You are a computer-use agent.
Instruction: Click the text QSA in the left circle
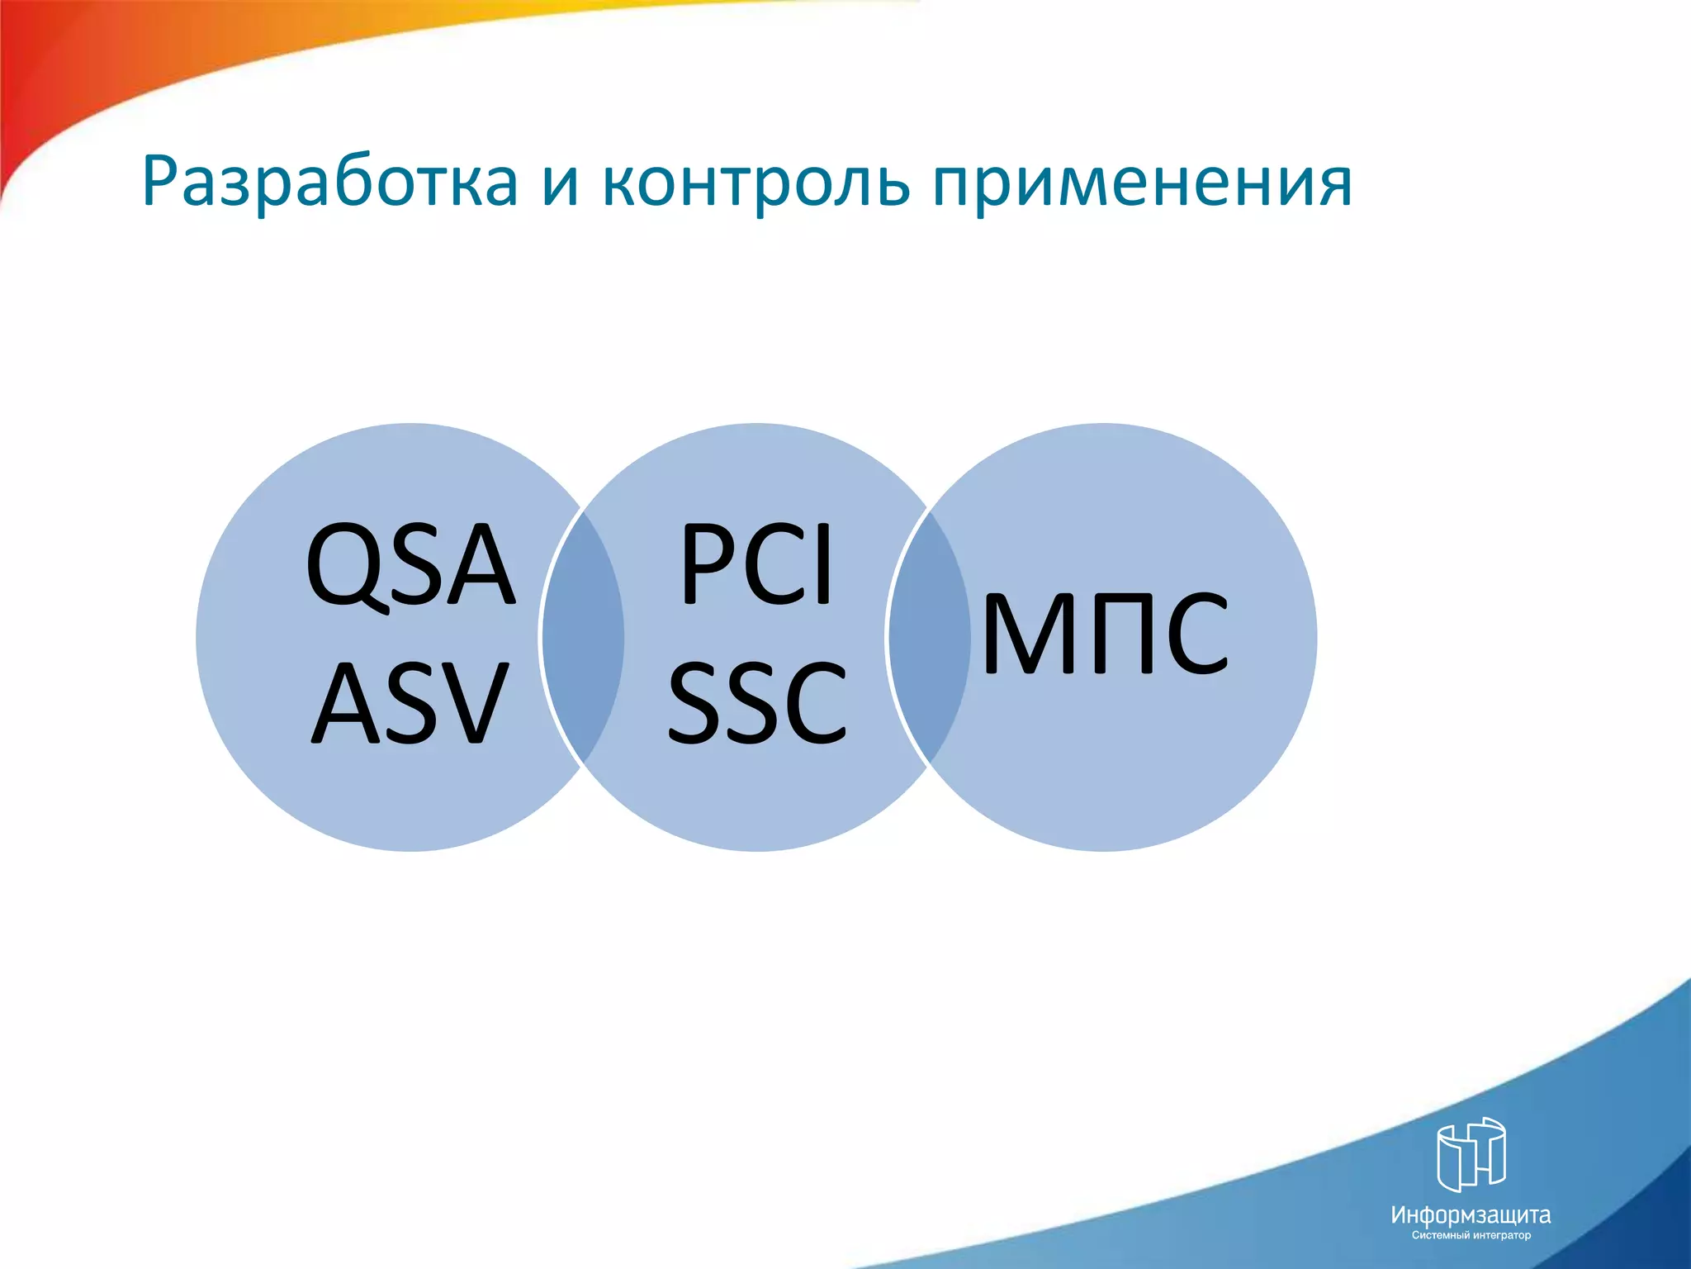(x=410, y=566)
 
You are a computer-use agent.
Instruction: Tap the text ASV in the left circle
(x=410, y=704)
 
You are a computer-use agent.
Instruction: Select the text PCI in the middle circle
(x=756, y=566)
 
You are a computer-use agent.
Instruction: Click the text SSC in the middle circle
(x=756, y=704)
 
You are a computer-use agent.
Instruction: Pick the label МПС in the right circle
(x=1105, y=634)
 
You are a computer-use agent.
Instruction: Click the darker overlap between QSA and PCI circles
(x=583, y=637)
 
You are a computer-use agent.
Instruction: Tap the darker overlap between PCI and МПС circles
(x=930, y=637)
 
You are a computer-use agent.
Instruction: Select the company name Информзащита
(x=1471, y=1214)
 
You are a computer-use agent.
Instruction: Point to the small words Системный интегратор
(x=1471, y=1236)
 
